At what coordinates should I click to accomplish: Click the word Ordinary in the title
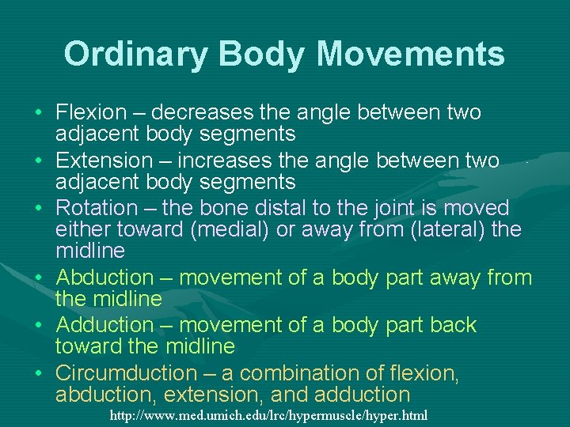coord(135,54)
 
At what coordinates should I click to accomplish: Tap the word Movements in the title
coord(410,54)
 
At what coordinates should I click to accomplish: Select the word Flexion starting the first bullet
coord(91,112)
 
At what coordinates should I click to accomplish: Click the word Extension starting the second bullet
coord(102,161)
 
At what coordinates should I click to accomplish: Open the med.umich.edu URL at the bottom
coord(268,414)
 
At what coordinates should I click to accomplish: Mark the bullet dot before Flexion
coord(39,113)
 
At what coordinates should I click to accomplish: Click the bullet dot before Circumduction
coord(39,373)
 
